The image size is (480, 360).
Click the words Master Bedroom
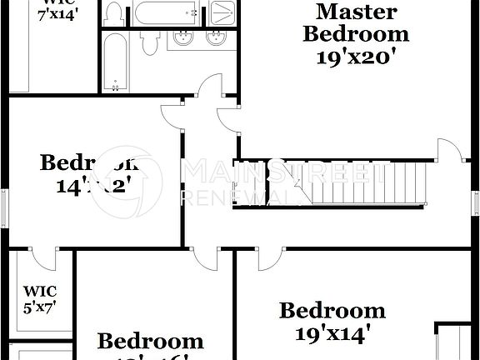(356, 23)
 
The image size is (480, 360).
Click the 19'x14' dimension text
(332, 335)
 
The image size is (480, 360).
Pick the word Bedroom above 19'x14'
(332, 312)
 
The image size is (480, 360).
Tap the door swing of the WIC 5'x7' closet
(43, 258)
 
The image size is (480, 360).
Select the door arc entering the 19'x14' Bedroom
(268, 258)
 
